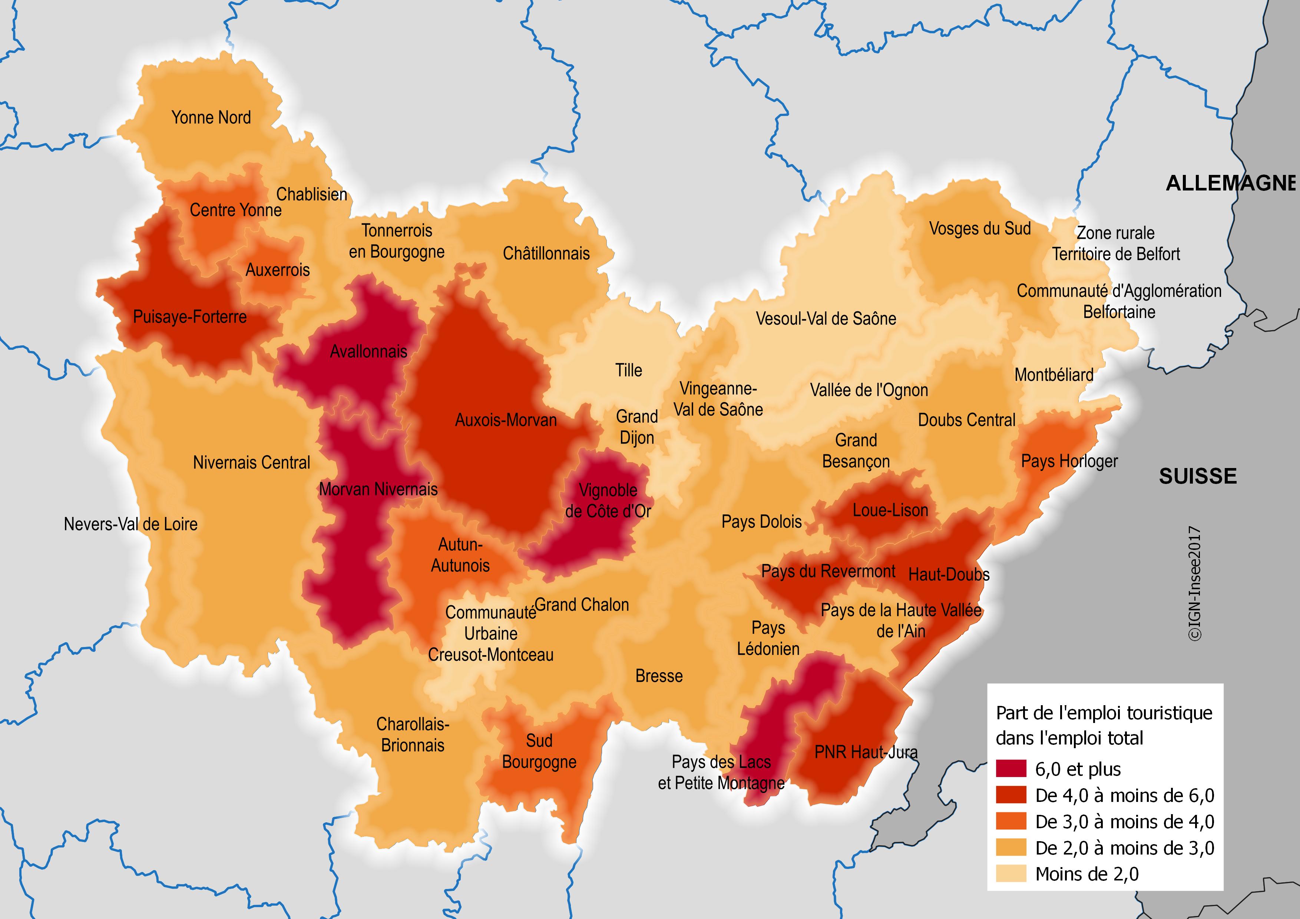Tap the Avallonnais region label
coord(368,351)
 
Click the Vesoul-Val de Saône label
coord(826,319)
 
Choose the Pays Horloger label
coord(1069,461)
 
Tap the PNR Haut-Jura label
coord(866,752)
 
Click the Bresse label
coord(659,676)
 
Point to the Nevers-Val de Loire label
coord(131,524)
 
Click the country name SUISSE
coord(1198,476)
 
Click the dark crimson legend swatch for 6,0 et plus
coord(1010,769)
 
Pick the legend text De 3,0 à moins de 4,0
coord(1124,822)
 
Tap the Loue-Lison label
coord(890,510)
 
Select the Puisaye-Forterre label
coord(190,316)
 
